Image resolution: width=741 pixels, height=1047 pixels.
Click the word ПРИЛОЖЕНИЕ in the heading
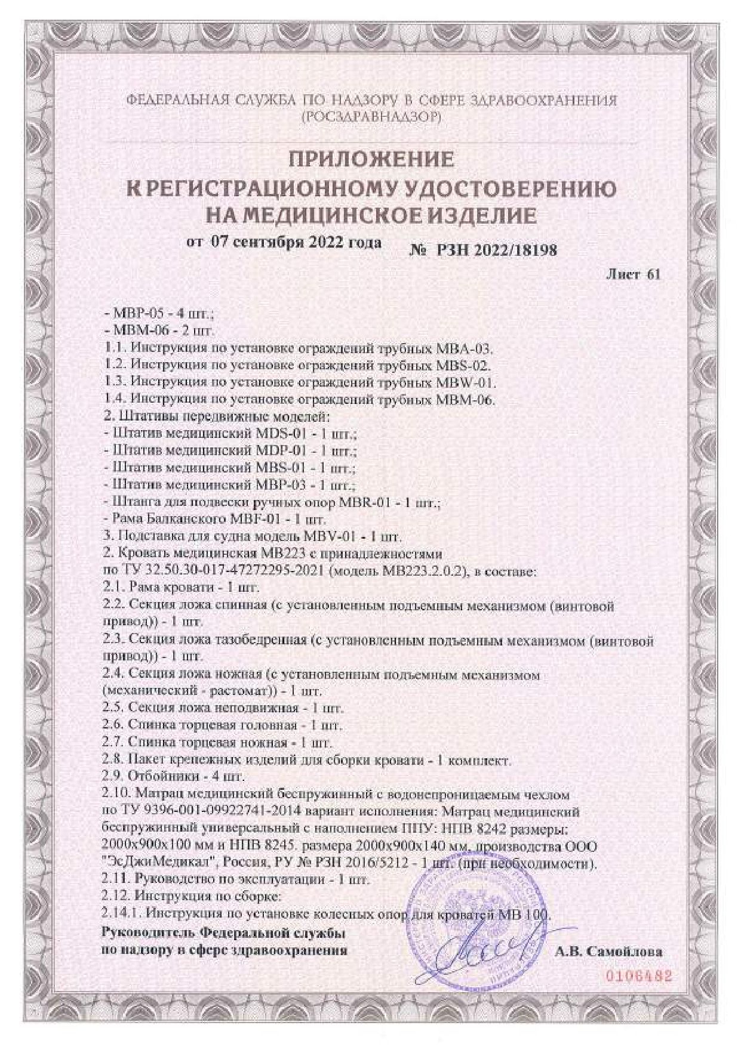coord(371,160)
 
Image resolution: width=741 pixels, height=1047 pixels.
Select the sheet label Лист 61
coord(633,274)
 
